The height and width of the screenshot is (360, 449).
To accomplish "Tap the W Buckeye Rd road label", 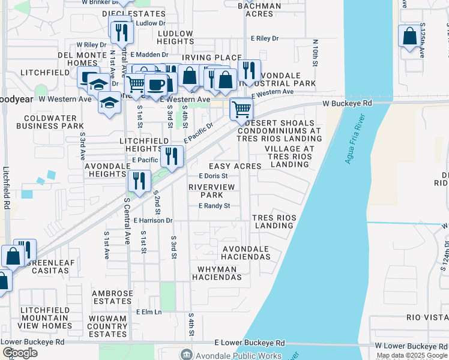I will click(347, 103).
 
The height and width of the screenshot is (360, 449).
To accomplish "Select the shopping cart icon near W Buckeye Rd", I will click(241, 109).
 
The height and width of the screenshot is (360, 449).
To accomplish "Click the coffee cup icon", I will click(155, 85).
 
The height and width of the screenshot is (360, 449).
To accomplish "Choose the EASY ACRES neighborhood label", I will click(235, 166).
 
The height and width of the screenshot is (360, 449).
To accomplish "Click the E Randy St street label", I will click(214, 206).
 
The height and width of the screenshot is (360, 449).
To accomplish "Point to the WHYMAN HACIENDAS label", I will click(217, 273).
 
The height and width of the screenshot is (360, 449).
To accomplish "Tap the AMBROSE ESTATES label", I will click(112, 297).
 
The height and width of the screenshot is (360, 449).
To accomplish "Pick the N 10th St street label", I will click(315, 53).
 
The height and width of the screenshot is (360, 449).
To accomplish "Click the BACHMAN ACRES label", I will click(259, 9).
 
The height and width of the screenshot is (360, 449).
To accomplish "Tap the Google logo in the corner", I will click(20, 353).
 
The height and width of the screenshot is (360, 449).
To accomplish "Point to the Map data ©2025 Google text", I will click(412, 355).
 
